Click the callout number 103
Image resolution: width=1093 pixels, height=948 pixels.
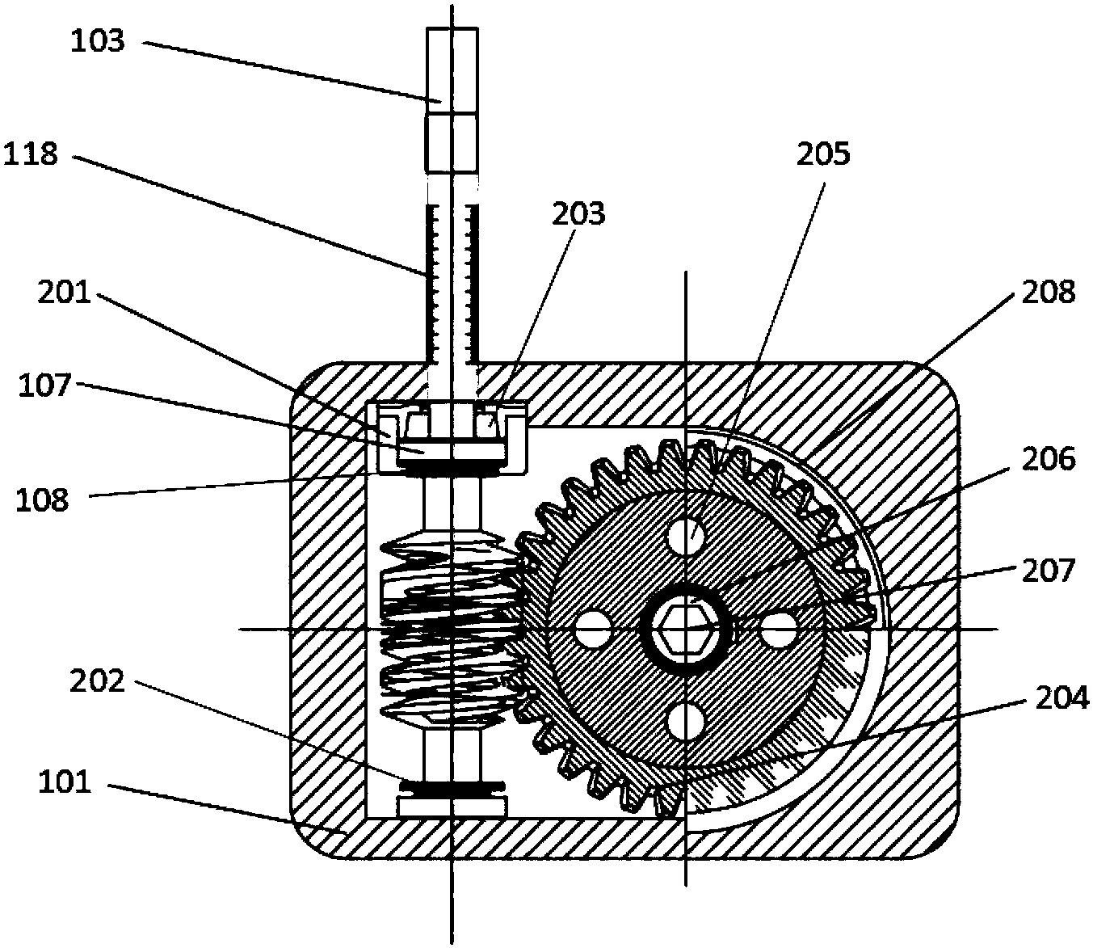(98, 40)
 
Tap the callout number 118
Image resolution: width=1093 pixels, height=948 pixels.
(31, 153)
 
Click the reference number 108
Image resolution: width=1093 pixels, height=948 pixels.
(43, 499)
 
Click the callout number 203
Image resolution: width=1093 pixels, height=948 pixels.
(579, 213)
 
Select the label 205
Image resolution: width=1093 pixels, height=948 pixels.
(823, 153)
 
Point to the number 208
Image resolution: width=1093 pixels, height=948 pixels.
(1048, 291)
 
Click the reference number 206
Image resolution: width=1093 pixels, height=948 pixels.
(1048, 458)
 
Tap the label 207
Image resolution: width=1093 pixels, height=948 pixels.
(1048, 571)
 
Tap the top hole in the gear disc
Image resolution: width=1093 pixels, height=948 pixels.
(685, 531)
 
